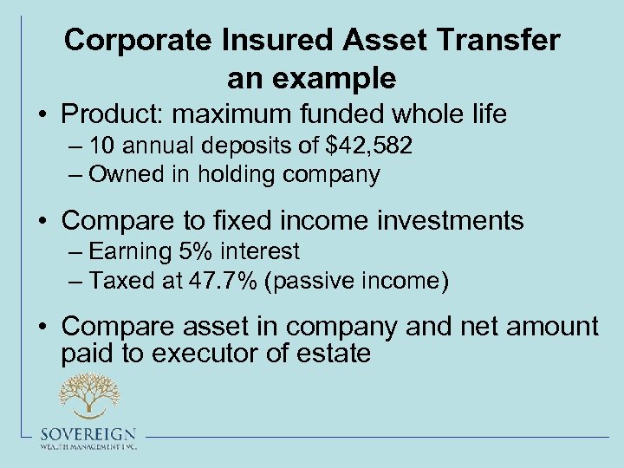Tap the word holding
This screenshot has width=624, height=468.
237,174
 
